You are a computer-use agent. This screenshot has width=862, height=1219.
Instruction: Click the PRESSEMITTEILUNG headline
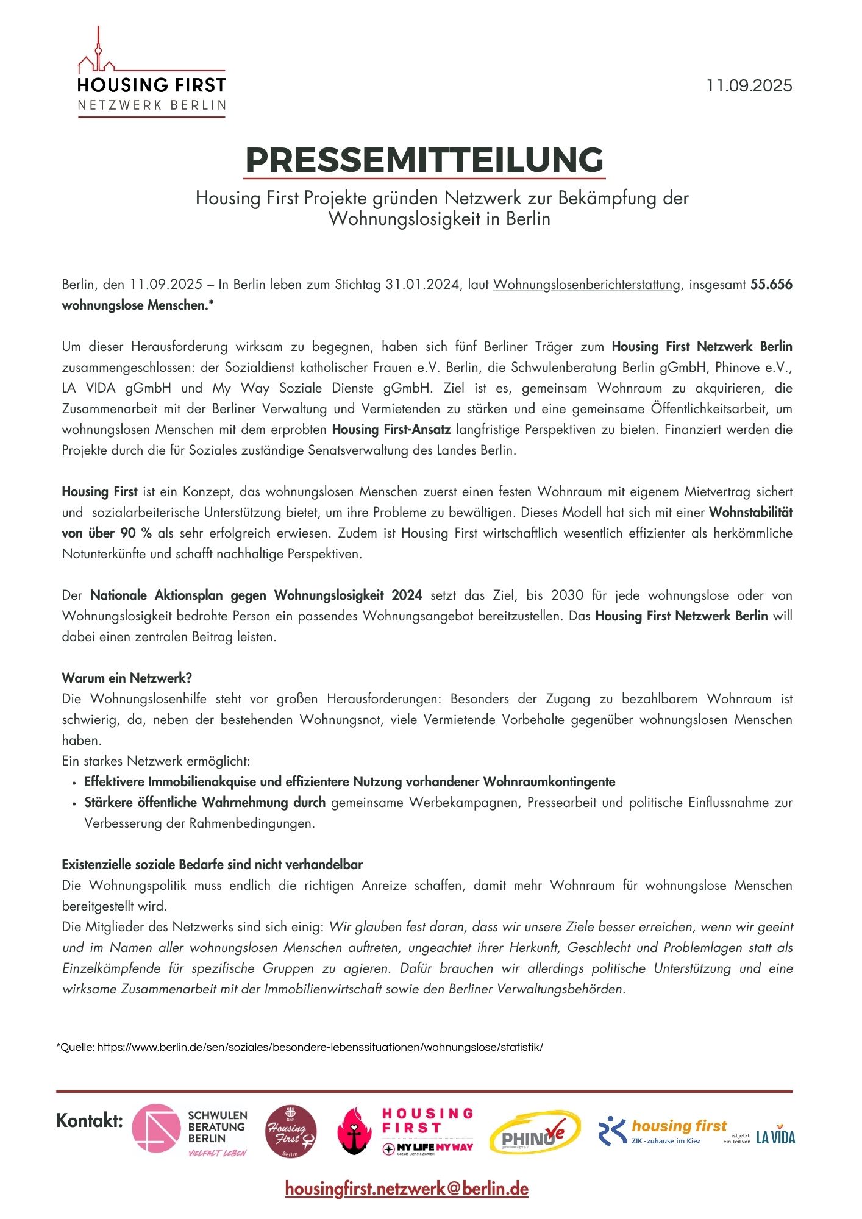(424, 160)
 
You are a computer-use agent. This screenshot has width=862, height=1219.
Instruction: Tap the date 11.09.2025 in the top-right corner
(749, 86)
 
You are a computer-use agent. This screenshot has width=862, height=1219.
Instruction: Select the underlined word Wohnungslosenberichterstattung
(586, 285)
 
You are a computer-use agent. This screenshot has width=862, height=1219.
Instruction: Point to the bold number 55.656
(771, 285)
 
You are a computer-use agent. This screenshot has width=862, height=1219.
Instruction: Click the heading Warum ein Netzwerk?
(127, 678)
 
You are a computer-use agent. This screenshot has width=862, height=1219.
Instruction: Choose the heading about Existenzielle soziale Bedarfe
(212, 864)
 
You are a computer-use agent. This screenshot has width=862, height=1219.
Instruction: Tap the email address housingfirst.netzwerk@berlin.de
(407, 1189)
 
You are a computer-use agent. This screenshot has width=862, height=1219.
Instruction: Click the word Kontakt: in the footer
(90, 1120)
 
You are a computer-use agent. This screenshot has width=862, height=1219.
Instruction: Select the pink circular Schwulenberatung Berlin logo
(157, 1128)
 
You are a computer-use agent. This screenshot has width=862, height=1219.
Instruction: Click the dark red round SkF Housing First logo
(291, 1132)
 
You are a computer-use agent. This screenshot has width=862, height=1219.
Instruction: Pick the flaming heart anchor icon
(354, 1131)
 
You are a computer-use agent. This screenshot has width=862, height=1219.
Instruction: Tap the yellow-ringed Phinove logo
(535, 1132)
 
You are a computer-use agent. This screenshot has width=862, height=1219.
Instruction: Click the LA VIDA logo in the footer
(775, 1137)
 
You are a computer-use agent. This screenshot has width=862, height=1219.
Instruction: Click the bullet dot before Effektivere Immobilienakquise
(74, 783)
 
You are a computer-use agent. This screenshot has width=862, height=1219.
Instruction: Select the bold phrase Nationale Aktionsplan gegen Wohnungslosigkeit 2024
(256, 595)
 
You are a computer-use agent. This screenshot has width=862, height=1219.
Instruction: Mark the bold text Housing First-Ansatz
(391, 430)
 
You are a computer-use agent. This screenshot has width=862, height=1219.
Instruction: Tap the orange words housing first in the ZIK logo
(679, 1126)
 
